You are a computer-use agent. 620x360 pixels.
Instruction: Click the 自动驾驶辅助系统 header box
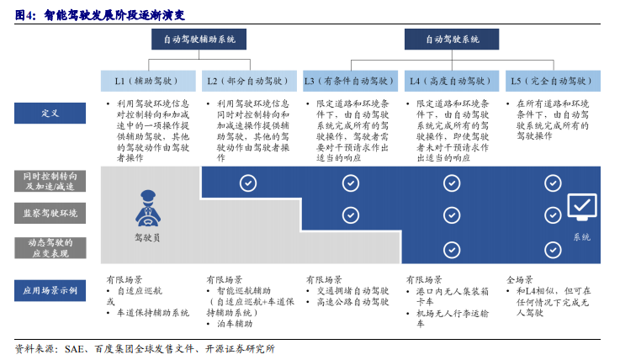point(199,40)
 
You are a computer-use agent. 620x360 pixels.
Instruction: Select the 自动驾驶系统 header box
point(452,40)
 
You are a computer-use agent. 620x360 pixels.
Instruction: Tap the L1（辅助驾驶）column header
point(148,81)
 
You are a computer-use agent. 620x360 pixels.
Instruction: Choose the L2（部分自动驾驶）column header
point(249,81)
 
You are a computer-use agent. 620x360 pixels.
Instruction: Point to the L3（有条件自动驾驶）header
point(350,81)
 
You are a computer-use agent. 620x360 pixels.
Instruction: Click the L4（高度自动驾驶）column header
point(452,81)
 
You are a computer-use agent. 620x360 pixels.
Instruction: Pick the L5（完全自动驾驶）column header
point(553,81)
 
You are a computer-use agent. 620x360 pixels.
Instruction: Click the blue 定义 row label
point(50,113)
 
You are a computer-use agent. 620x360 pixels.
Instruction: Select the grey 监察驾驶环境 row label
point(50,214)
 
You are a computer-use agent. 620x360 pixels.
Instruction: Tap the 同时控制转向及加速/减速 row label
point(50,182)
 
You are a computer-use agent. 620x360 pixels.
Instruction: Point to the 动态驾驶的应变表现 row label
point(50,248)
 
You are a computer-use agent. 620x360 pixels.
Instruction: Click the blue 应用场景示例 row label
point(50,290)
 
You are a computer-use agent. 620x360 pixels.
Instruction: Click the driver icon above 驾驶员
point(148,209)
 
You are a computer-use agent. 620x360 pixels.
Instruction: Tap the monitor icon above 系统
point(582,207)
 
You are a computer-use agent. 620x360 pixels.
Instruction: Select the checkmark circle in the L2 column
point(248,183)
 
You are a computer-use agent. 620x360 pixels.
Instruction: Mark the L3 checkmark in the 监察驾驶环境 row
point(351,215)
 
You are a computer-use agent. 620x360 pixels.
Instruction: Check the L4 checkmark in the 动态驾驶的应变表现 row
point(452,250)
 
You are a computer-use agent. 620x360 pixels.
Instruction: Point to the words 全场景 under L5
point(520,280)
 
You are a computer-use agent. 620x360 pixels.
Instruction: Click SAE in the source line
point(74,349)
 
